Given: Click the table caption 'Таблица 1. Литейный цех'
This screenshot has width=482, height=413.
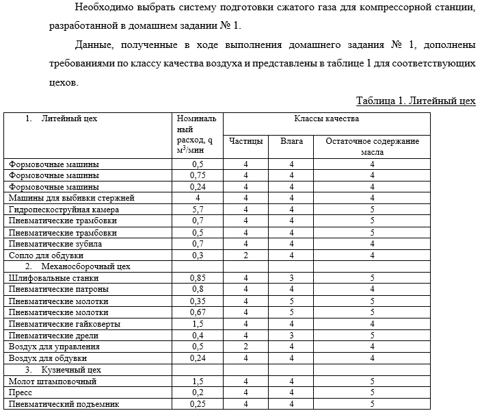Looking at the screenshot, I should [x=415, y=101].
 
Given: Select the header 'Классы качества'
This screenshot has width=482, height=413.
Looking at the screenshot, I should [x=326, y=118].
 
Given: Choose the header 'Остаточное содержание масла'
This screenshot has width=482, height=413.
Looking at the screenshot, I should [x=372, y=146].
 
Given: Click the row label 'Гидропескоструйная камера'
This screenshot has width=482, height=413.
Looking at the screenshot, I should [x=64, y=210].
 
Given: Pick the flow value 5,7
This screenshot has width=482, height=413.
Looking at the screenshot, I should [x=198, y=210].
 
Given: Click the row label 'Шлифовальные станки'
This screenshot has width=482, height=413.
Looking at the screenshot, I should [x=53, y=278].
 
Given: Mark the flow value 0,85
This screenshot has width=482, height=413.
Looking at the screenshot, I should [x=198, y=278].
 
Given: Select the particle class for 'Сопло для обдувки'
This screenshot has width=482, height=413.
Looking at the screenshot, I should [x=245, y=255].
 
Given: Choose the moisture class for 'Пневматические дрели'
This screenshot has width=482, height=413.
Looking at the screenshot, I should [x=291, y=336].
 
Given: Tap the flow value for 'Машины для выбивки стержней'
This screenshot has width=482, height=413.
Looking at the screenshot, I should [x=198, y=198].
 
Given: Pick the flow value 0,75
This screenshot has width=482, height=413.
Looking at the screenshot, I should [x=198, y=175].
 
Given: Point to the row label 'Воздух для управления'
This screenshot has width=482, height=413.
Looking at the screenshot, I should [x=55, y=347].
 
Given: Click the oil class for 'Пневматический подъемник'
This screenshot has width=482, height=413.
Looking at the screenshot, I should [x=372, y=404].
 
